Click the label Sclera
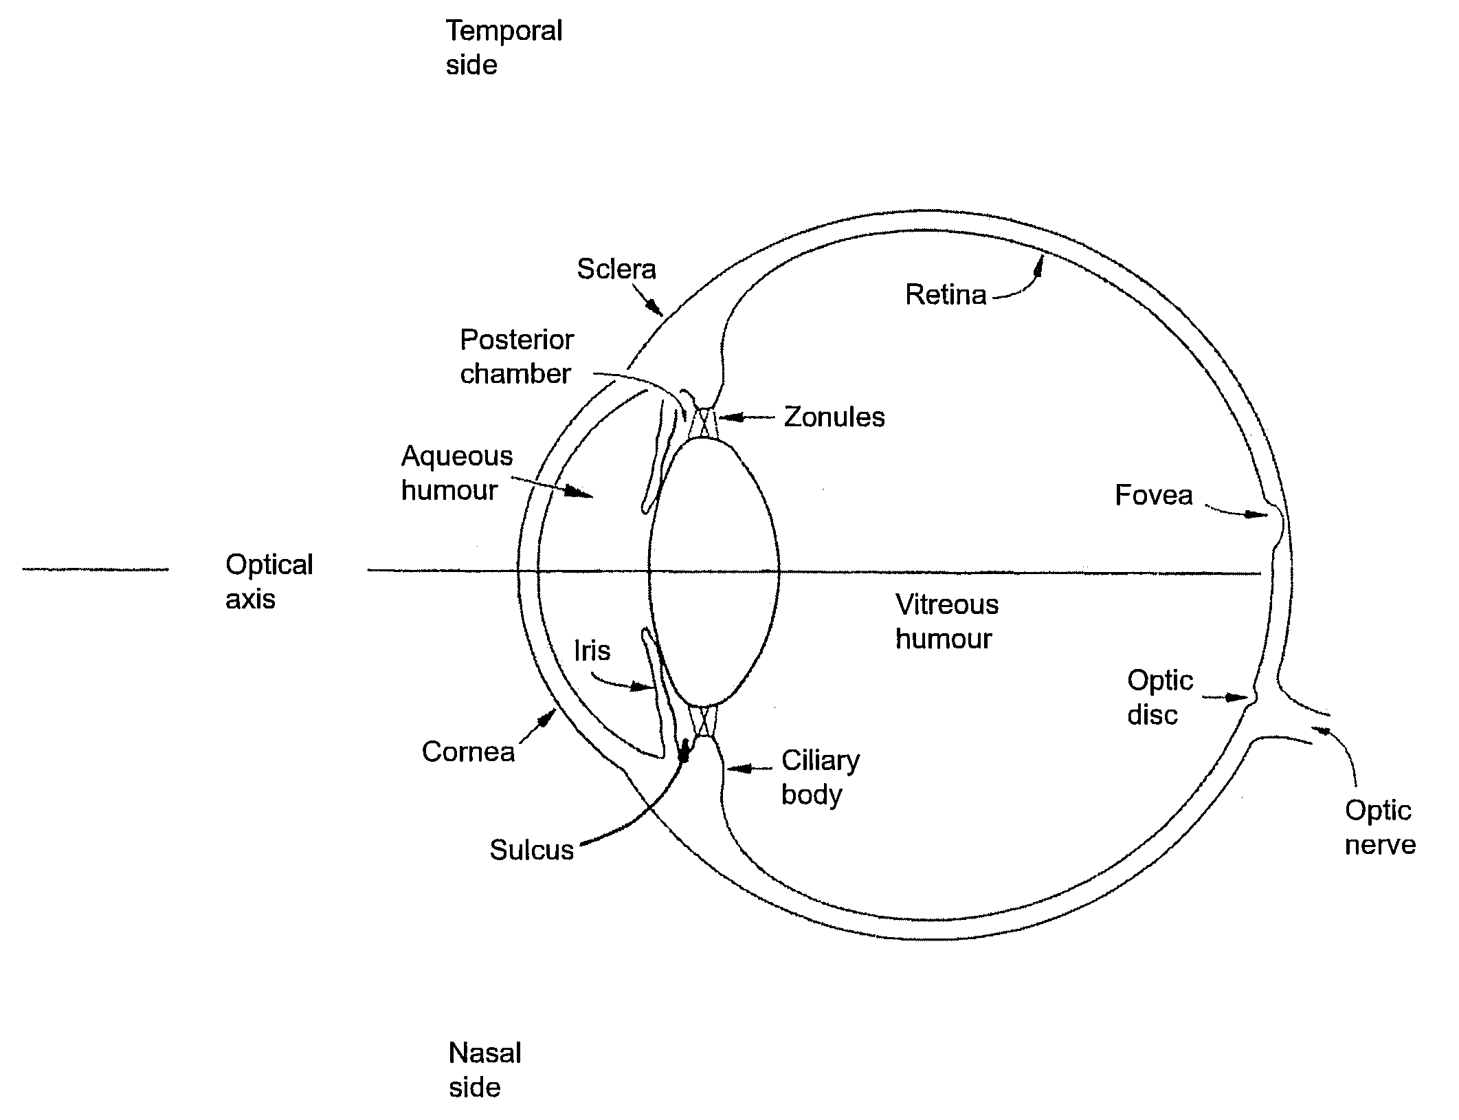(x=616, y=269)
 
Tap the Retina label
(x=946, y=295)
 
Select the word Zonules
(x=834, y=417)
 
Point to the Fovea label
(x=1153, y=495)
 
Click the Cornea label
(x=468, y=751)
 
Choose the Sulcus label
(x=531, y=850)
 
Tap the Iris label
(x=592, y=650)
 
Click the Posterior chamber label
(x=516, y=357)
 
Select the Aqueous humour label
(x=456, y=473)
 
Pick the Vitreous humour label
(x=946, y=622)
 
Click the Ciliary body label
(x=820, y=778)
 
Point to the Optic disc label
(x=1159, y=698)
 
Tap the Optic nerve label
(x=1380, y=827)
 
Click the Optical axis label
(x=269, y=582)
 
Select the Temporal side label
(x=503, y=47)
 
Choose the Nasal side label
(x=485, y=1070)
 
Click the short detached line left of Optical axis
(x=95, y=569)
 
